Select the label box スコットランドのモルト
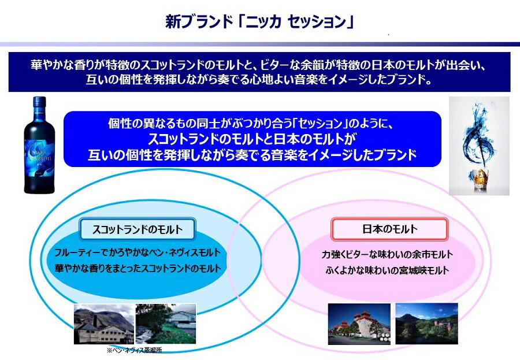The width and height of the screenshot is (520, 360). (x=137, y=229)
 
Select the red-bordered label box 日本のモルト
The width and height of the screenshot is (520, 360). (x=389, y=229)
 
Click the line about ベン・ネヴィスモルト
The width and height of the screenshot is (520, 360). (x=137, y=253)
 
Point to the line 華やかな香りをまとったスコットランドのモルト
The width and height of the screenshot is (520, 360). (x=137, y=269)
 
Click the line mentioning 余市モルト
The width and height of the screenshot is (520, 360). (x=387, y=254)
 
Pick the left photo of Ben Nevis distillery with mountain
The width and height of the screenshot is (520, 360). (x=103, y=324)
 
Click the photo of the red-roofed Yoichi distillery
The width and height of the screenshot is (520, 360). (x=359, y=325)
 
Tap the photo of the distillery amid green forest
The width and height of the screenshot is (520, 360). (x=426, y=324)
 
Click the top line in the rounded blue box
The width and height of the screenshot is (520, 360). (x=252, y=124)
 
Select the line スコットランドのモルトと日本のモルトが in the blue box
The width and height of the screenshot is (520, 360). (x=252, y=139)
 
